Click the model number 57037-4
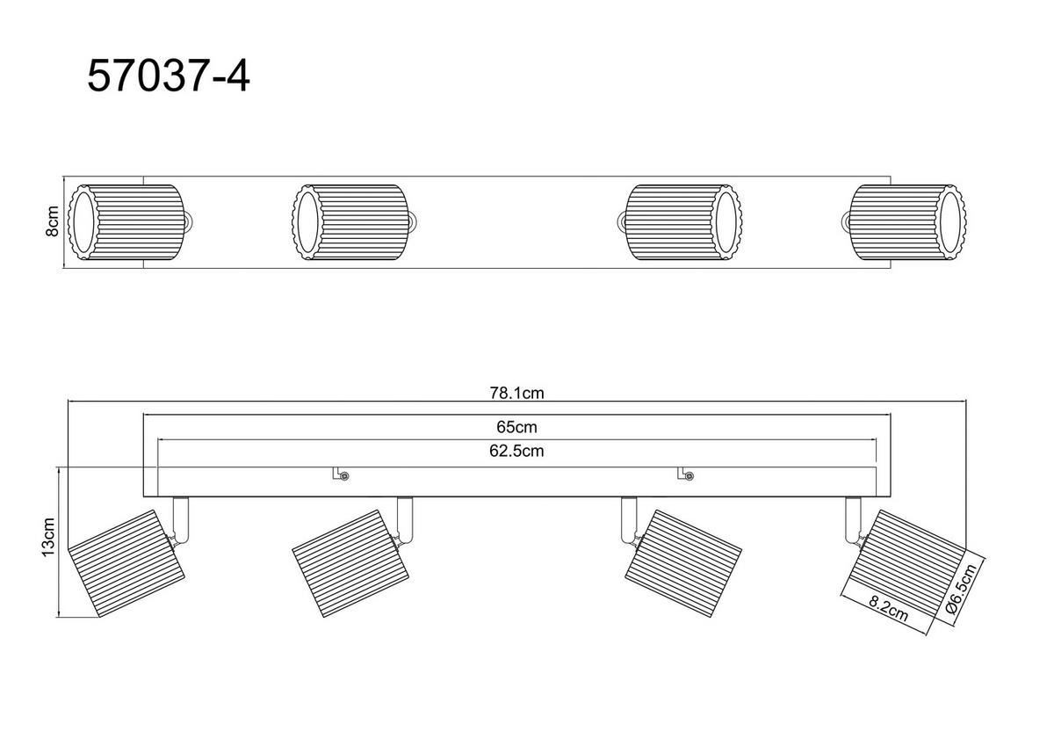pos(169,76)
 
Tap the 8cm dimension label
pos(52,221)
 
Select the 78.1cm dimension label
pos(516,393)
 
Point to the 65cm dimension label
pos(516,427)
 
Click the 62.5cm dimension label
pos(516,451)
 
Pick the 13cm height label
pos(48,537)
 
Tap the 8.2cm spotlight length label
pos(888,609)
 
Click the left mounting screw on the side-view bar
pos(344,476)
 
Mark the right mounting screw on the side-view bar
pos(689,476)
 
